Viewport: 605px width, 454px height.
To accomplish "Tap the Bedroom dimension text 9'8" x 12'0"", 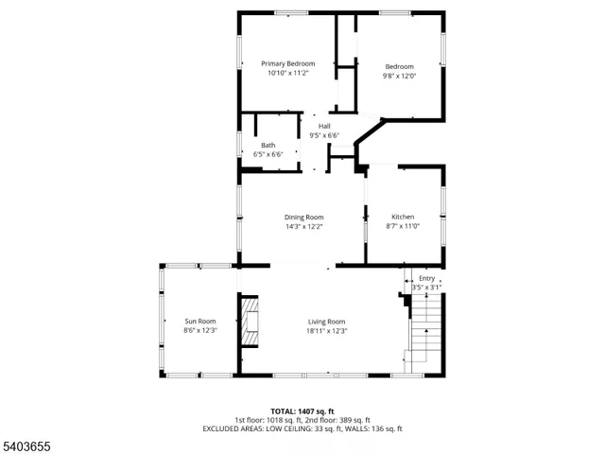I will click(399, 76).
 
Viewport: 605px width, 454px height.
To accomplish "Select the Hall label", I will click(324, 126).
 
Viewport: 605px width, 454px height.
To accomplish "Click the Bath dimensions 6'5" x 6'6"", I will click(268, 154).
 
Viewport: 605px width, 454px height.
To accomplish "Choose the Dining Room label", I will click(304, 217).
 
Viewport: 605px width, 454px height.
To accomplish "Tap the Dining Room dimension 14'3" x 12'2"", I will click(304, 226).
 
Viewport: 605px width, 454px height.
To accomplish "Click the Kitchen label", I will click(403, 217).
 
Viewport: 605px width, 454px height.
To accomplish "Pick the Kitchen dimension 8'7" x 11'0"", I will click(403, 226).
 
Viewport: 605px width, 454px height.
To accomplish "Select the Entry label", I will click(427, 278).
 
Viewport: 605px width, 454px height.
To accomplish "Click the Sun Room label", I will click(199, 321).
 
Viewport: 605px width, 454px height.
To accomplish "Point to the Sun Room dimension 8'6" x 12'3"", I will click(199, 330).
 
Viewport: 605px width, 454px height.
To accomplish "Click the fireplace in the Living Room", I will click(250, 322).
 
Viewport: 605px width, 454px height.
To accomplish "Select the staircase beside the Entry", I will click(425, 331).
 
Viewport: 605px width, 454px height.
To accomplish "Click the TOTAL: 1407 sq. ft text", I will click(302, 411).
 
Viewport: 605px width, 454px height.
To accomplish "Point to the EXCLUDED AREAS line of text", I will click(302, 428).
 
